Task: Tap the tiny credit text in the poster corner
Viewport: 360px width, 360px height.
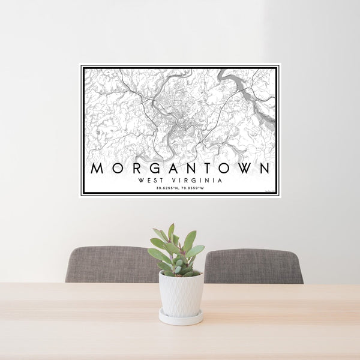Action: click(269, 192)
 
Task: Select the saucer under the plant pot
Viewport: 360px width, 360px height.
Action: click(181, 318)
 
